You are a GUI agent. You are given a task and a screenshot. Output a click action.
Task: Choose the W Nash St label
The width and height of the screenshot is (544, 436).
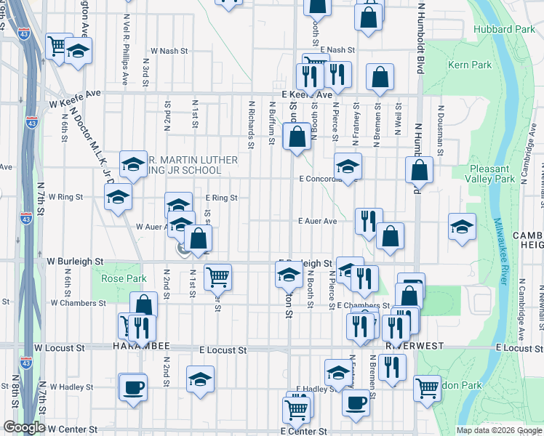169,51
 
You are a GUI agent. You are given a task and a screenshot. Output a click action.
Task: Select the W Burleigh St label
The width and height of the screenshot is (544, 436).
76,260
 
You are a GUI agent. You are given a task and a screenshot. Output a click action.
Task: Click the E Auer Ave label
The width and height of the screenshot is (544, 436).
317,221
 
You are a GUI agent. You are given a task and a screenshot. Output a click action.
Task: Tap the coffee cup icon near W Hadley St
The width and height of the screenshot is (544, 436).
133,387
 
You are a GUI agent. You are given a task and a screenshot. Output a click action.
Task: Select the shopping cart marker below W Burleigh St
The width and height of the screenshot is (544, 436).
217,276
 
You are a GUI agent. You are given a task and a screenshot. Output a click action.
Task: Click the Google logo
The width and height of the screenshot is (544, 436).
24,427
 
